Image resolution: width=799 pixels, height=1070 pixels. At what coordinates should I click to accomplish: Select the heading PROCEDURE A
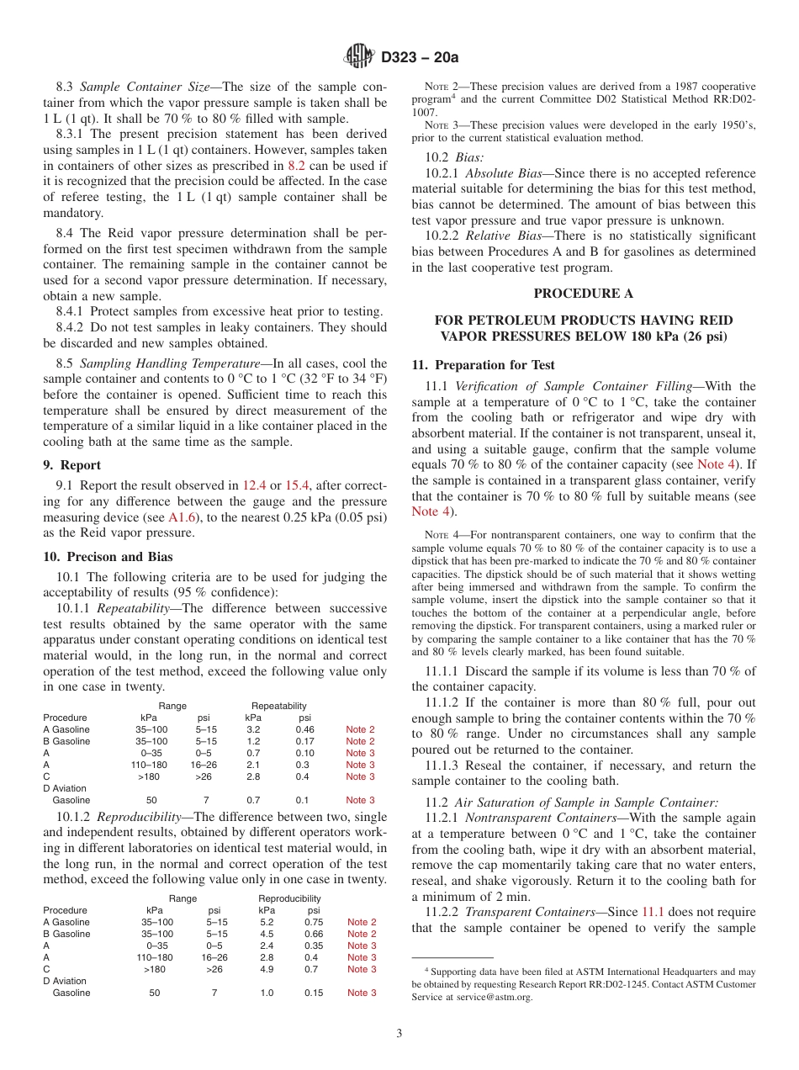(x=583, y=294)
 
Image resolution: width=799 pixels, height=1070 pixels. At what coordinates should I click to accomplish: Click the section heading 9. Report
(x=72, y=465)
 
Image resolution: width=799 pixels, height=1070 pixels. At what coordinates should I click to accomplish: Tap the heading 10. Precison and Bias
(x=108, y=557)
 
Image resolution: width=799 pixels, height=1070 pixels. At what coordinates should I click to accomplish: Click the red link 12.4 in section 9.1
(x=254, y=485)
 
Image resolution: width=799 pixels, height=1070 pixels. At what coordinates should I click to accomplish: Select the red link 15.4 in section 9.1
(x=298, y=485)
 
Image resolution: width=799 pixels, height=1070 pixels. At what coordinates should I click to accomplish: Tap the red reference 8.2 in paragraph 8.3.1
(x=296, y=166)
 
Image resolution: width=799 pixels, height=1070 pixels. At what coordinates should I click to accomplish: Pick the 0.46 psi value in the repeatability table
(x=304, y=729)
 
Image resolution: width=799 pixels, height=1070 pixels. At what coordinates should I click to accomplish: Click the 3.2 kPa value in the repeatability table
(x=253, y=729)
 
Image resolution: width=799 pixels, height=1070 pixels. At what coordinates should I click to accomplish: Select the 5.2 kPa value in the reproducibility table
(x=267, y=922)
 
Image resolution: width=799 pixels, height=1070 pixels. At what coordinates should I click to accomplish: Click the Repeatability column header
(x=278, y=706)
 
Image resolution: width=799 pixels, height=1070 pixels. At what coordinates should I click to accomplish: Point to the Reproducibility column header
(x=289, y=898)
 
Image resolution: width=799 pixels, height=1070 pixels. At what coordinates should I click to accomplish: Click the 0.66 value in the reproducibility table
(x=314, y=934)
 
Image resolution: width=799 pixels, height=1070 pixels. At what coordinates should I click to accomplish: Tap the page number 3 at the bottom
(x=399, y=1033)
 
